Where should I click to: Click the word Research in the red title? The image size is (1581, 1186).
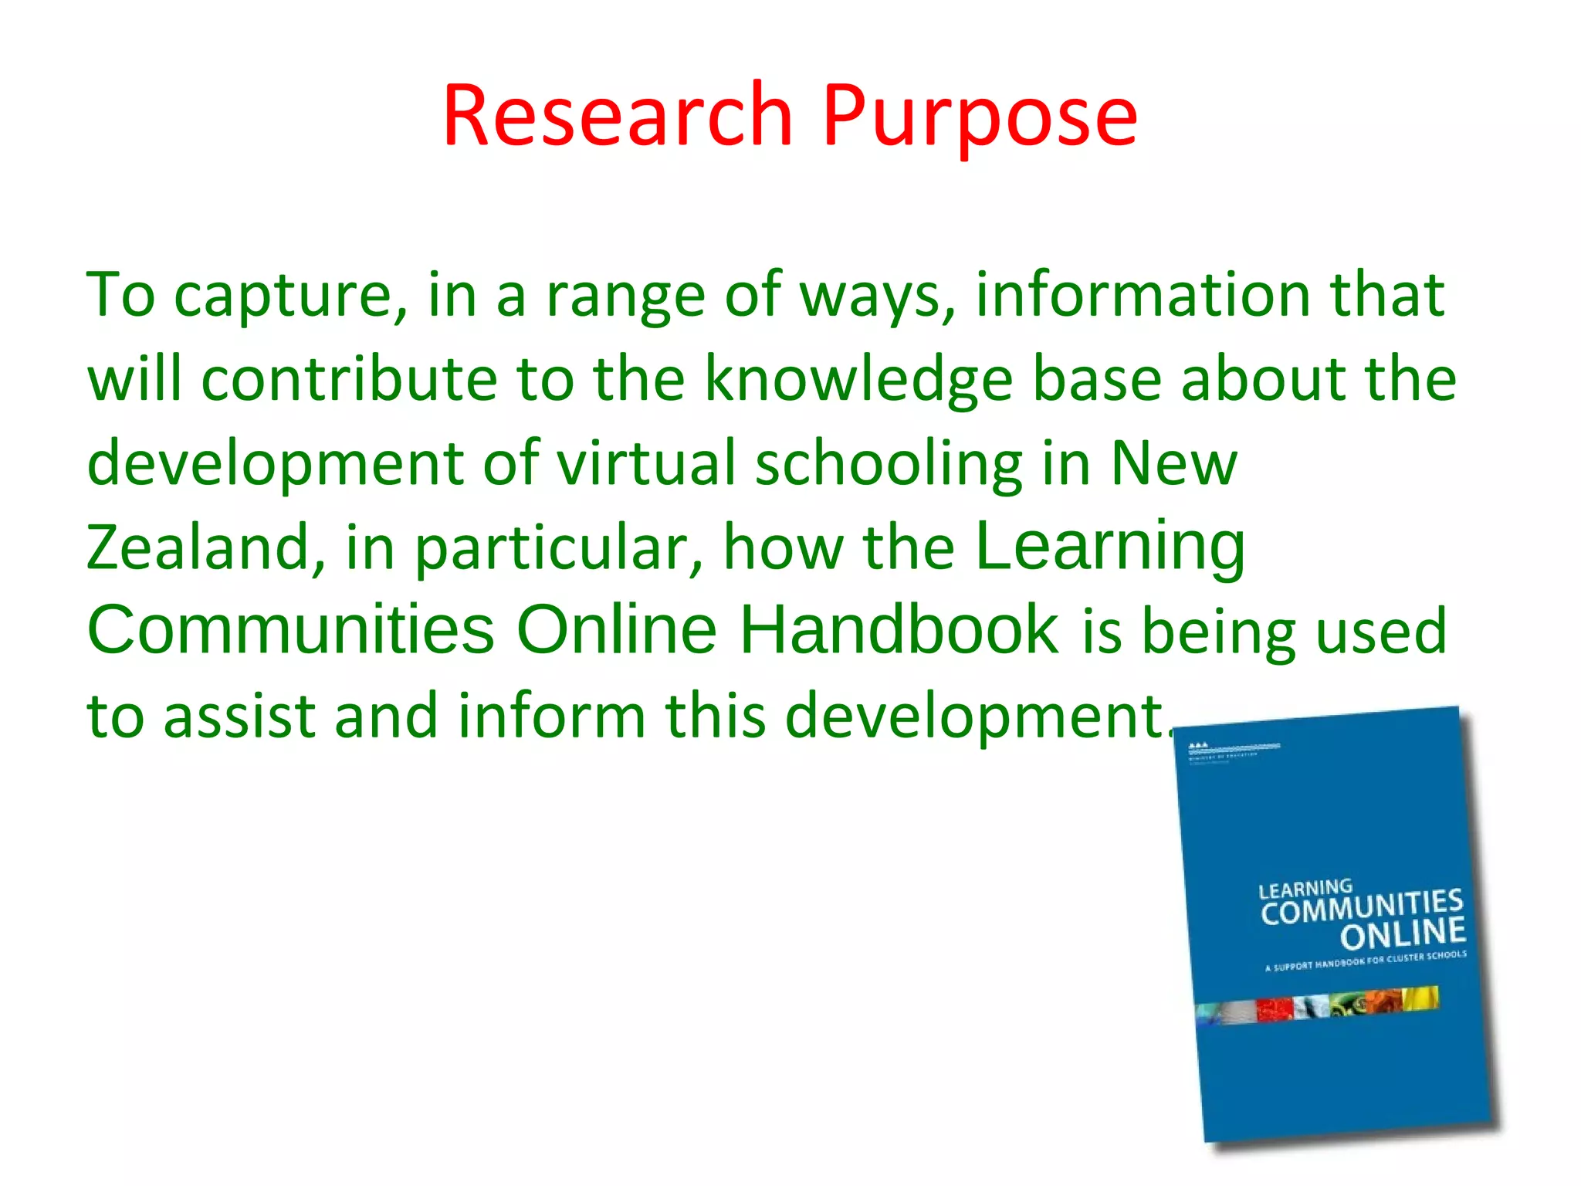(618, 116)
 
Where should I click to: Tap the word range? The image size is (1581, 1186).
(625, 296)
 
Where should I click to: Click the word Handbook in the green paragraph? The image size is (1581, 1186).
(899, 630)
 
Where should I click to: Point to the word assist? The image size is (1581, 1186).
(240, 715)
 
